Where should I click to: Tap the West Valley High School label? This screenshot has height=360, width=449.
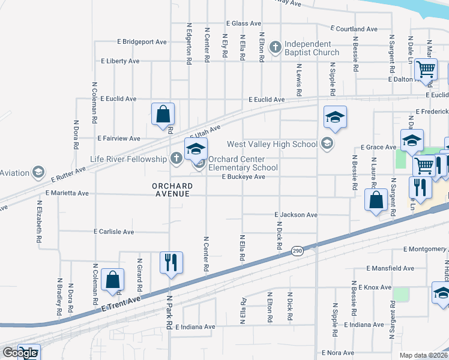[272, 144]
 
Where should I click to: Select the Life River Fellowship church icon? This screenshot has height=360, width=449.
[175, 158]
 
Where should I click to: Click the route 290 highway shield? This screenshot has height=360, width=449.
[297, 251]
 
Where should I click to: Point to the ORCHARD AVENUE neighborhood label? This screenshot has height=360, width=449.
[171, 190]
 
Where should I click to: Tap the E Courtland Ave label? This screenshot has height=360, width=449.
[354, 28]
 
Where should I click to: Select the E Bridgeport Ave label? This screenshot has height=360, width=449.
[142, 42]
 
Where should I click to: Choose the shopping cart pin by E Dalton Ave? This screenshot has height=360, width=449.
[426, 69]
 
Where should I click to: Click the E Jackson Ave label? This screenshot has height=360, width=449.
[296, 214]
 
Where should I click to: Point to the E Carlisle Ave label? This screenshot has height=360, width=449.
[122, 231]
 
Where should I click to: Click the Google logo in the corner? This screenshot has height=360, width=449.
[20, 353]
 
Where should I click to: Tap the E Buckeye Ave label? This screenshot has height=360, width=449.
[243, 177]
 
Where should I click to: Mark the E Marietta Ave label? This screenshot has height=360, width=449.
[67, 193]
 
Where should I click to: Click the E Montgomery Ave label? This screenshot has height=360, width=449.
[426, 249]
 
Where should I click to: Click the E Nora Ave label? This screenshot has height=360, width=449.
[338, 353]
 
